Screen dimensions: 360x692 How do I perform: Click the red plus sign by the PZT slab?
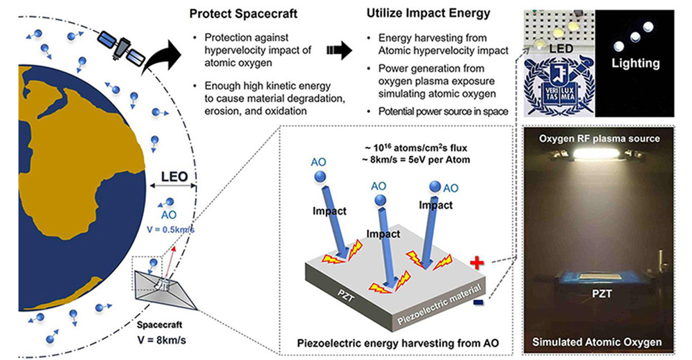tap(475, 262)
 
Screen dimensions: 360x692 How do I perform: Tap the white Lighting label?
tap(635, 63)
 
